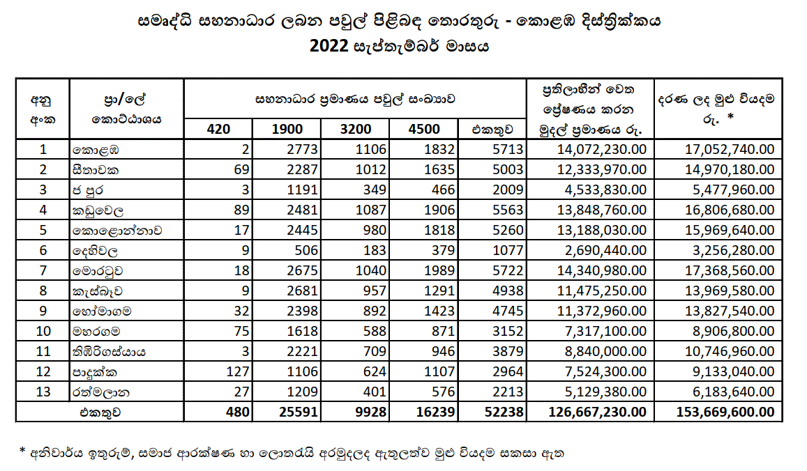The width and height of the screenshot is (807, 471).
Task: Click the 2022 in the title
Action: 329,46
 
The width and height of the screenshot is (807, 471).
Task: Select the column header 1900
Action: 287,129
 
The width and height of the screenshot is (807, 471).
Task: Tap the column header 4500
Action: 424,129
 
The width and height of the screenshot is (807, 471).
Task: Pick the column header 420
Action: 218,129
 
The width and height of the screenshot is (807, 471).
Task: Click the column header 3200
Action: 356,129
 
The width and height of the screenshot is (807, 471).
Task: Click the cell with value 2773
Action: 303,150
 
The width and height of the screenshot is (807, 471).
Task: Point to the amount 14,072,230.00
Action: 602,150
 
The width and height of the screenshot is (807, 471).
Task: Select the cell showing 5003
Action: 508,170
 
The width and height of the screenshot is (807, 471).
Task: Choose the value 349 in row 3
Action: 375,190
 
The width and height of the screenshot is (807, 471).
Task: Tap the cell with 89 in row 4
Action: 241,210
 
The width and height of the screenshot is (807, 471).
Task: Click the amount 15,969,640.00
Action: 730,231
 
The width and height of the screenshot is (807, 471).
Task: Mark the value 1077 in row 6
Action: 508,250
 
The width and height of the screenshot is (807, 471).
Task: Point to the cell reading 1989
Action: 439,270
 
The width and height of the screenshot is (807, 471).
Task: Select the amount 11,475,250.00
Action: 602,291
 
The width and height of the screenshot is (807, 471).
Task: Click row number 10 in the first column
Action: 43,331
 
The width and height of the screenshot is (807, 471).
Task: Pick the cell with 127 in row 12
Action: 238,372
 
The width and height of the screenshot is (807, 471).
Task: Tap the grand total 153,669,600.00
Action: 725,412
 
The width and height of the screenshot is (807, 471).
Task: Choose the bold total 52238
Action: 504,412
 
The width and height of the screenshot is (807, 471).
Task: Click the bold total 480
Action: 238,412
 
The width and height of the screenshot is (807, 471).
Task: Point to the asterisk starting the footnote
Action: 22,451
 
